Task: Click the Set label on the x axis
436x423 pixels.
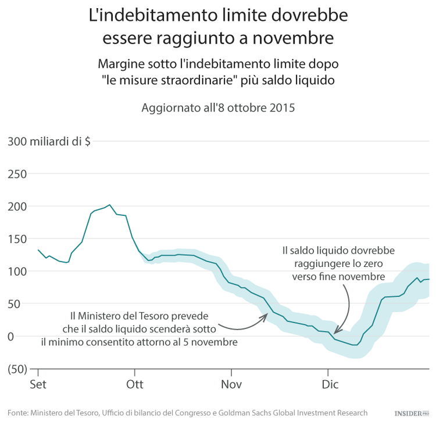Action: point(38,384)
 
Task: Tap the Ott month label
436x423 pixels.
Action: point(135,384)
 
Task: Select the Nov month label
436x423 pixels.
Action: point(231,384)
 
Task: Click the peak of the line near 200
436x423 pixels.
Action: point(110,205)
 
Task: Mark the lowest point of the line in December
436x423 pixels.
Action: point(355,345)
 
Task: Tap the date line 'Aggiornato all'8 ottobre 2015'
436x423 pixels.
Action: point(218,108)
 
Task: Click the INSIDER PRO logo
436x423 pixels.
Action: point(411,413)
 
